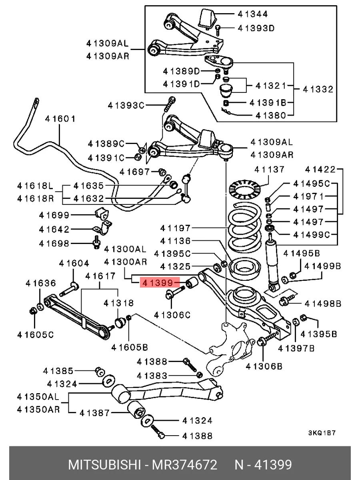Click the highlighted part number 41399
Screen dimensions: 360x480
[x=158, y=283]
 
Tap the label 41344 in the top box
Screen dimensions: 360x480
[x=252, y=14]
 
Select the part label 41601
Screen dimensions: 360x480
[x=60, y=119]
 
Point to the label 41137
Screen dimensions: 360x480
[x=269, y=170]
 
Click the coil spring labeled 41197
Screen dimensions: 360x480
[x=244, y=228]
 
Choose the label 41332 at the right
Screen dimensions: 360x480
[x=318, y=90]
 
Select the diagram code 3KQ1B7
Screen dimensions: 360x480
[x=322, y=433]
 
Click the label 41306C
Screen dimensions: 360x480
[x=172, y=315]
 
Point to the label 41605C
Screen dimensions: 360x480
[x=36, y=335]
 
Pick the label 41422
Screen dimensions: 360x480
[x=320, y=170]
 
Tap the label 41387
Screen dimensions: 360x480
[x=95, y=413]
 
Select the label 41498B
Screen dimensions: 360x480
[x=323, y=304]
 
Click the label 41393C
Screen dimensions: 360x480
[x=126, y=106]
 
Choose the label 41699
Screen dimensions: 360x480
[x=54, y=215]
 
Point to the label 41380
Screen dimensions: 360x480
[x=271, y=116]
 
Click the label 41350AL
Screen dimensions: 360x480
[x=38, y=397]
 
